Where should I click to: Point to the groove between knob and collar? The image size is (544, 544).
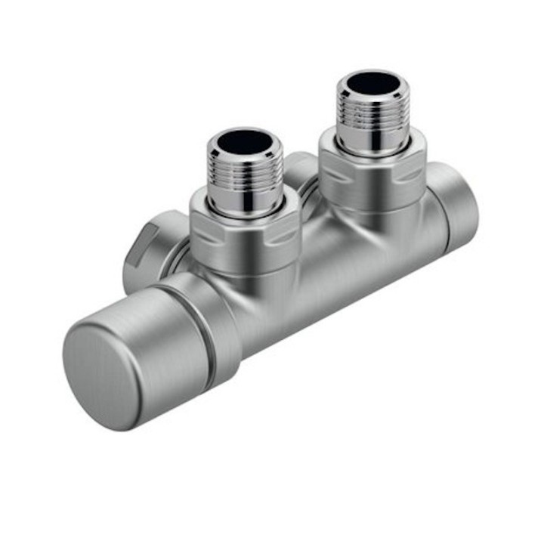(206, 332)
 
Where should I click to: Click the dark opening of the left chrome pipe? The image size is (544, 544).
(246, 141)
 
